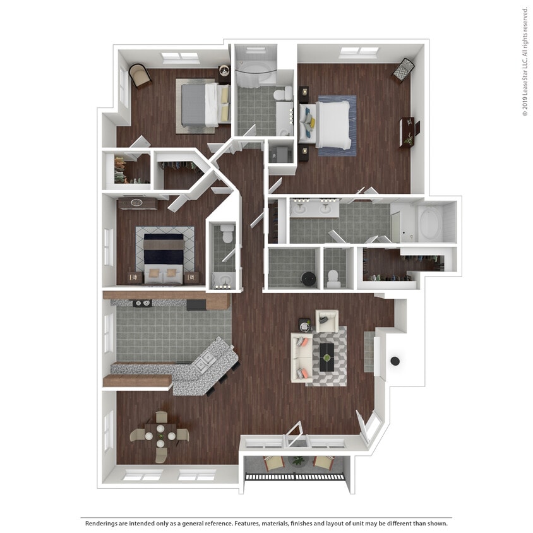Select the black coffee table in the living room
(x=326, y=357)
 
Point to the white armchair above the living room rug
(x=326, y=320)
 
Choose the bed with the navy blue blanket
(x=164, y=255)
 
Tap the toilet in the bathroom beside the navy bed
(x=226, y=235)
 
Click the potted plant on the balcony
(x=298, y=461)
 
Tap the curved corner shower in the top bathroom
(x=254, y=69)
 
